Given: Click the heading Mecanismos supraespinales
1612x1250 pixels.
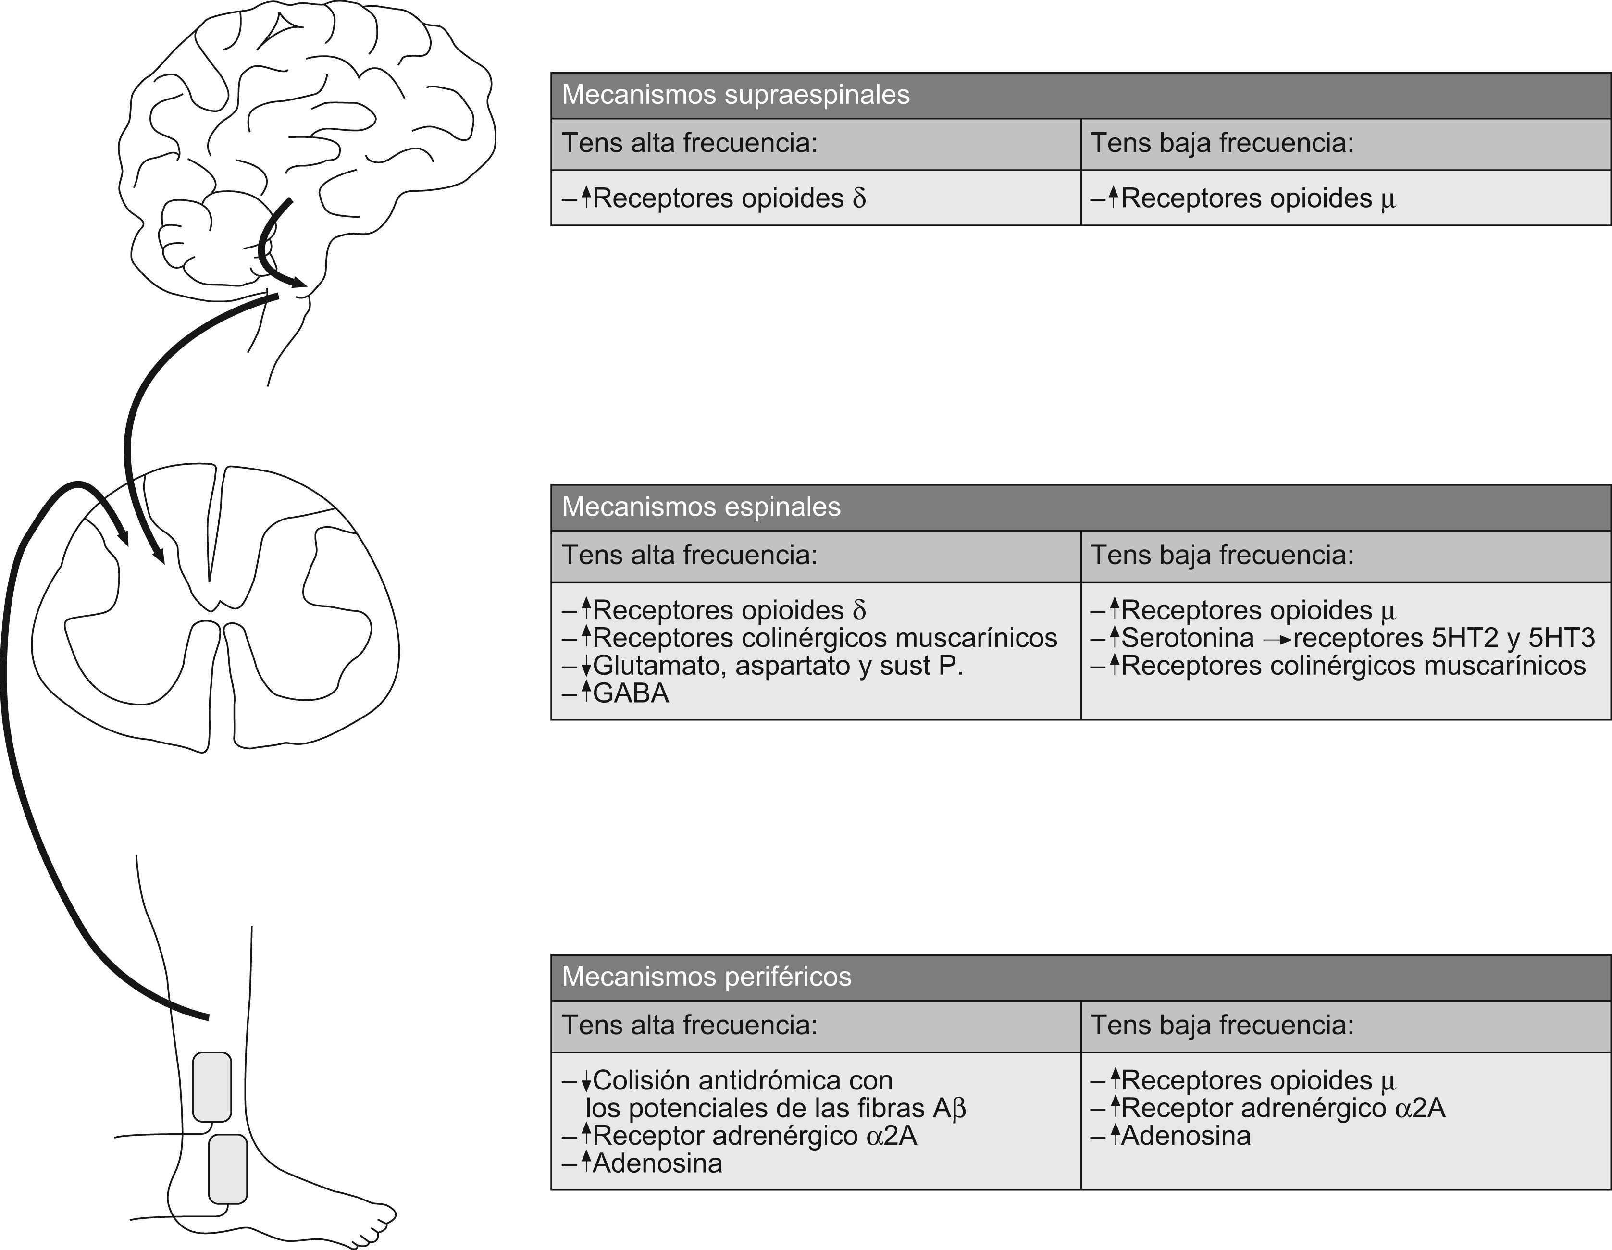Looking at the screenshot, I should (x=735, y=95).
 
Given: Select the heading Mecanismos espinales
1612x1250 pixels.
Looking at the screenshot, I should (x=701, y=507).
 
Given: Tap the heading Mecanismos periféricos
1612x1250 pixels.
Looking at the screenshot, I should (x=707, y=977).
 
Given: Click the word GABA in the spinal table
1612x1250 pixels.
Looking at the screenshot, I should (x=631, y=693).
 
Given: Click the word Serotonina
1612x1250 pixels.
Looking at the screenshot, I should (x=1187, y=638).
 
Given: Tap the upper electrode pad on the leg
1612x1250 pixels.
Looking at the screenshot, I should (x=212, y=1087).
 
